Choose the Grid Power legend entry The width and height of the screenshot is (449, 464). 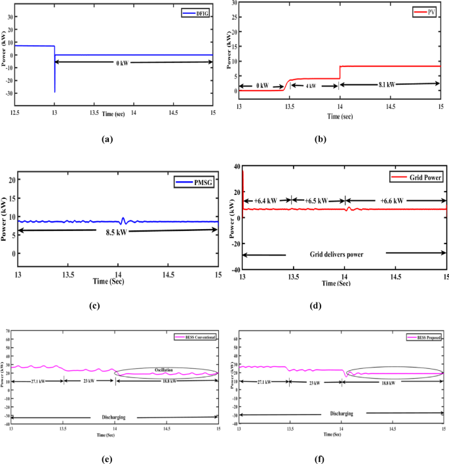pyautogui.click(x=416, y=177)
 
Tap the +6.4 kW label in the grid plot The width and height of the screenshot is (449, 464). pyautogui.click(x=267, y=201)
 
